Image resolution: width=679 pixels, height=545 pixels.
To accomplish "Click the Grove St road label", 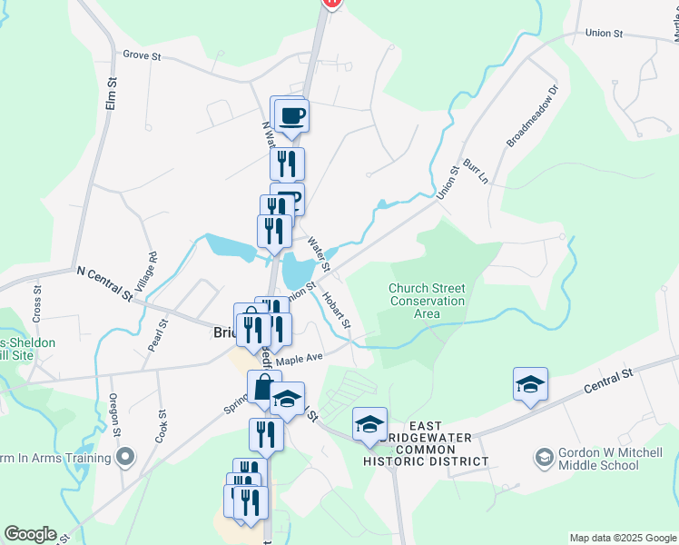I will click(142, 55).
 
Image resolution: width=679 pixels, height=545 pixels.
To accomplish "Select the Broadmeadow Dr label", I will click(524, 117).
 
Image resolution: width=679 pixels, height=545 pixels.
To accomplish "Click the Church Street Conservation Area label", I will click(427, 301).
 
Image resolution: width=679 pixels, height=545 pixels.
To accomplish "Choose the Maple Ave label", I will click(300, 360).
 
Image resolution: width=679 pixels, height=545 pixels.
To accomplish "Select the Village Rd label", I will click(153, 268).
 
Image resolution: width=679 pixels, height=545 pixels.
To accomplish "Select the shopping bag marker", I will click(264, 387).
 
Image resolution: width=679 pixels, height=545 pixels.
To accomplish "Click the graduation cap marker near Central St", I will click(530, 384).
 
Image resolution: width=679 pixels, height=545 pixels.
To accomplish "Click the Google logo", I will click(30, 534).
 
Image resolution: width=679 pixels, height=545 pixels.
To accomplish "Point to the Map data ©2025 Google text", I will click(623, 538).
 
